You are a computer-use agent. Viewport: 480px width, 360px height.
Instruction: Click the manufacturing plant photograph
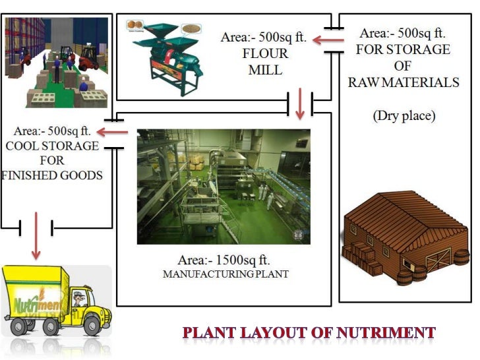point(224,186)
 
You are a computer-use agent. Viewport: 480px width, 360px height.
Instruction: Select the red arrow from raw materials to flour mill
point(326,40)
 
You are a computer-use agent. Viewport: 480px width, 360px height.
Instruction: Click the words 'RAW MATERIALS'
point(404,83)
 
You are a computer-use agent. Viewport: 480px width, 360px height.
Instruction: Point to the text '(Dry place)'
point(404,116)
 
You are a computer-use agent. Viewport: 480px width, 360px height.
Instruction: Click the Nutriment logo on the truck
point(36,305)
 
